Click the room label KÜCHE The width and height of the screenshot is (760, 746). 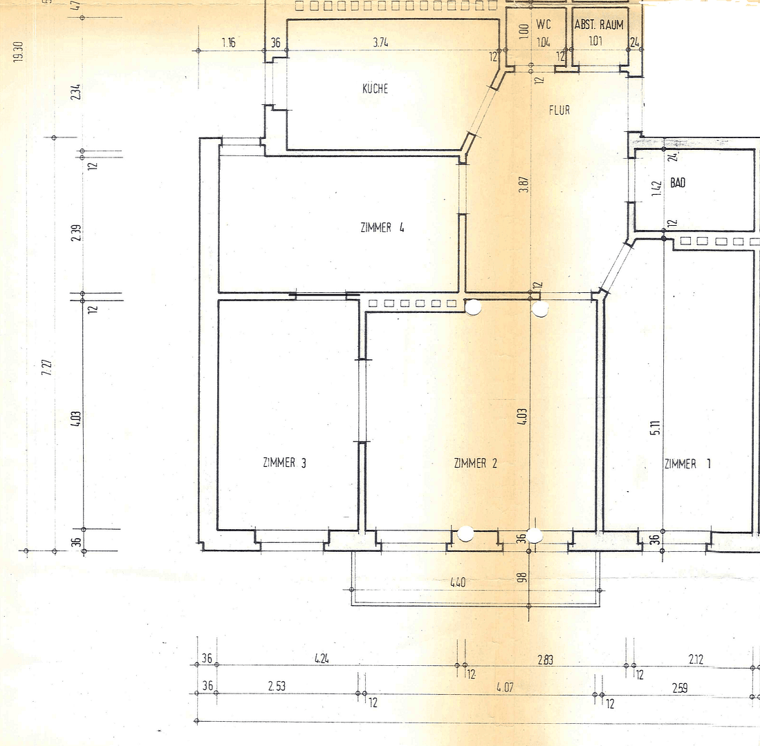click(x=376, y=89)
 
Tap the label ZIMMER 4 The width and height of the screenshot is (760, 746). click(x=382, y=227)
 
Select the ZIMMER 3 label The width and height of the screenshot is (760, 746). click(x=285, y=463)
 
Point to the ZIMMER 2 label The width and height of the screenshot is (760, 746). click(x=476, y=463)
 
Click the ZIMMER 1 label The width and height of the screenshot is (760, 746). click(x=687, y=464)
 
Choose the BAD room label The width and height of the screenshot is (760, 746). click(x=678, y=184)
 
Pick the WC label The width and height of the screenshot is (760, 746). click(x=544, y=25)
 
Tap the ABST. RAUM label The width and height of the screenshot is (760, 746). click(x=599, y=25)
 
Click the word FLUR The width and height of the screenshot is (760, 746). click(x=559, y=109)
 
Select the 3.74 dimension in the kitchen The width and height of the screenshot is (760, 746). click(x=380, y=43)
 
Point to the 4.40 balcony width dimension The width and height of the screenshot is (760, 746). click(x=458, y=582)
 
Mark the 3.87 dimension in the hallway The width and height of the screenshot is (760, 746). click(x=523, y=185)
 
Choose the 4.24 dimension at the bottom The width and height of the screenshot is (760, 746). click(x=321, y=659)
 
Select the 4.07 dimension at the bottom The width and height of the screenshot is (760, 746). click(x=506, y=687)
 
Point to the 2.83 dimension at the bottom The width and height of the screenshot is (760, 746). click(x=545, y=660)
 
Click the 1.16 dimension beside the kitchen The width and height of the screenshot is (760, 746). click(x=229, y=43)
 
